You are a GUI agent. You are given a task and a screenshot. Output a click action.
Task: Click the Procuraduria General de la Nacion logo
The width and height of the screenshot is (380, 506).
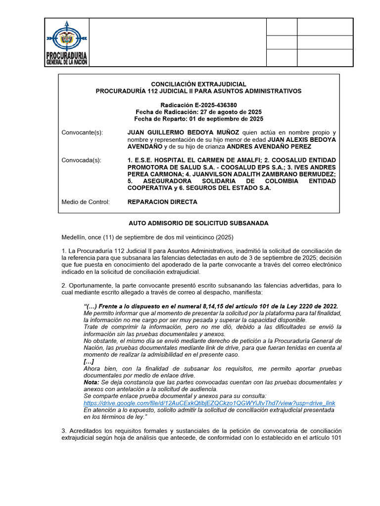click(x=67, y=42)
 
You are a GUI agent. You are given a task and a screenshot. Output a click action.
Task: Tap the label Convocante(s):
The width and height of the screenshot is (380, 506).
click(x=82, y=133)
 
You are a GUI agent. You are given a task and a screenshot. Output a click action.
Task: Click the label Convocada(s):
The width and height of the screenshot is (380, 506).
click(x=81, y=161)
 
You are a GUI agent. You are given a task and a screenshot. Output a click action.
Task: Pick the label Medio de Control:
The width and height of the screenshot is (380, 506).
click(x=86, y=202)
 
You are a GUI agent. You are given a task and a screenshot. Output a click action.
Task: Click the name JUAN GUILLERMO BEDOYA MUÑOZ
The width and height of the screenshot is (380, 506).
click(x=183, y=133)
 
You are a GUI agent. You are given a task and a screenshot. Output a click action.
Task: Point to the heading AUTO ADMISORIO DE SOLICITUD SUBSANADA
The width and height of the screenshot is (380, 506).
click(x=198, y=223)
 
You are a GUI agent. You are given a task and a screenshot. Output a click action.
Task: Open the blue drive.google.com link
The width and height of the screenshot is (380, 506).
click(x=209, y=403)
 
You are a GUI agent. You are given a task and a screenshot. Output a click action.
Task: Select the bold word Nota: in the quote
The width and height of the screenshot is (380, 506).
click(x=92, y=382)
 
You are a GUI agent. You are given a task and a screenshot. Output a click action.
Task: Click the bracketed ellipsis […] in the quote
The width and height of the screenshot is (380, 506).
click(x=89, y=362)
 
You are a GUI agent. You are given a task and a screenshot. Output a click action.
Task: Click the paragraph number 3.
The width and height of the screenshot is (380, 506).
click(x=63, y=431)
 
